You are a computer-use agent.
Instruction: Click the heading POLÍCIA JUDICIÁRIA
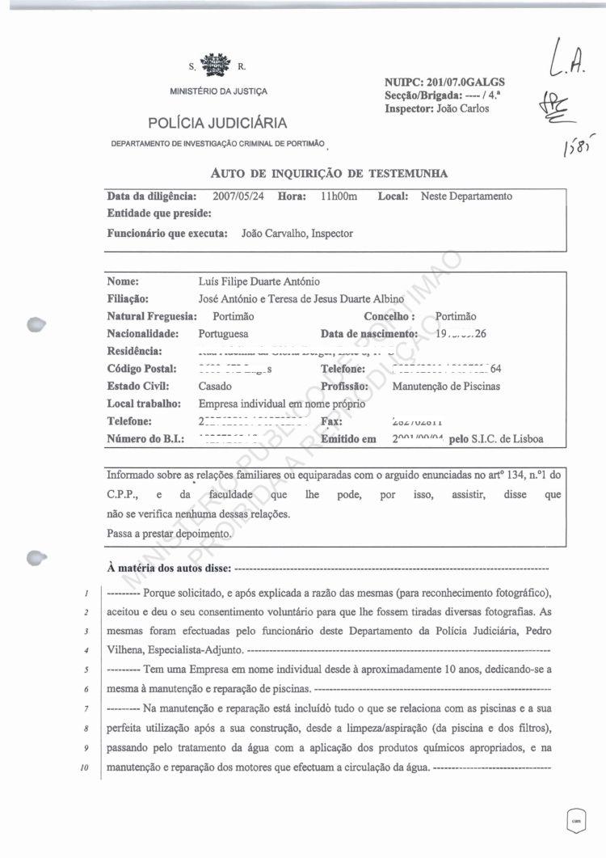coord(217,123)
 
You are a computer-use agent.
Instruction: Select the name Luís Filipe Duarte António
coord(259,282)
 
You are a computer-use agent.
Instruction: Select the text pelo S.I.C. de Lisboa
coord(495,439)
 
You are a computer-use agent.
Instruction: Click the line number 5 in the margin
coord(86,670)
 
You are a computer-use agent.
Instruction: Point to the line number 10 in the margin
coord(85,767)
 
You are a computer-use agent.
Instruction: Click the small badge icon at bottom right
coord(576,820)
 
